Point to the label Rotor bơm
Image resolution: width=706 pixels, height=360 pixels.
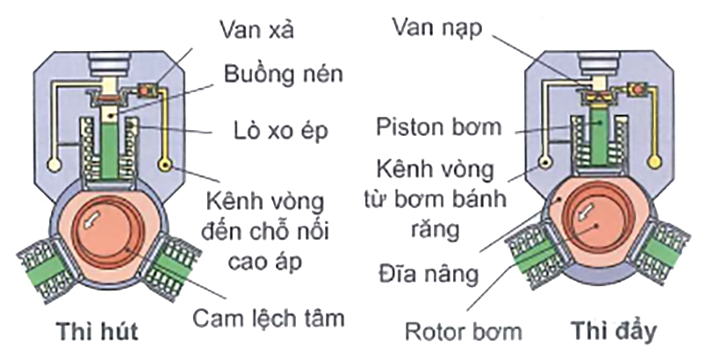(466, 333)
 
